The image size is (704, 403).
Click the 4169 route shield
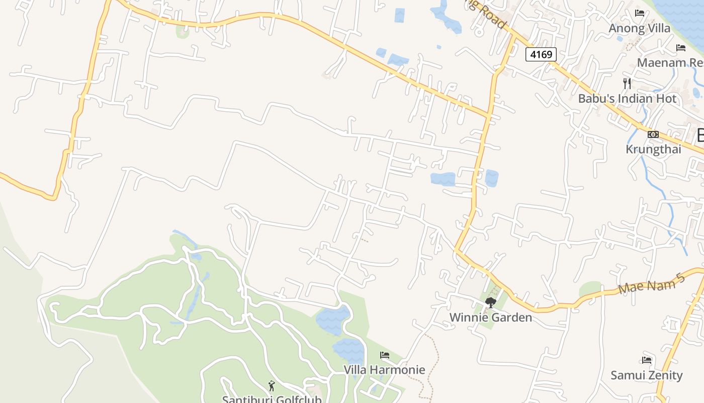pos(541,54)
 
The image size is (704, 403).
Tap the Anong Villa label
pos(639,28)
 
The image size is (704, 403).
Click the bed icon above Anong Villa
pos(640,13)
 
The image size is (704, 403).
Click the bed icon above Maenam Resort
pos(681,48)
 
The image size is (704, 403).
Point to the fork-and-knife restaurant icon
pos(627,83)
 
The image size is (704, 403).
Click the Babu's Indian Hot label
pos(627,99)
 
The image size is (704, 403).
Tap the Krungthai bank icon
pos(653,134)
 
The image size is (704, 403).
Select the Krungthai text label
pos(653,149)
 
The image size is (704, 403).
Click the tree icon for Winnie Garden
pos(490,302)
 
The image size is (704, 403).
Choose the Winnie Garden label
pos(490,317)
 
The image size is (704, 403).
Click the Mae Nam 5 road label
pos(652,285)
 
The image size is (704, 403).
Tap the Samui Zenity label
pos(646,375)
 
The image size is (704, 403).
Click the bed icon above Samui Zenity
pos(647,360)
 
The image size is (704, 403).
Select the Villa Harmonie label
pos(384,370)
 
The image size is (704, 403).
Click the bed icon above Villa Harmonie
pos(385,355)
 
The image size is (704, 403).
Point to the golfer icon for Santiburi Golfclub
pos(272,386)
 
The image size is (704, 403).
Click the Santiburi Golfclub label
pos(272,399)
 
